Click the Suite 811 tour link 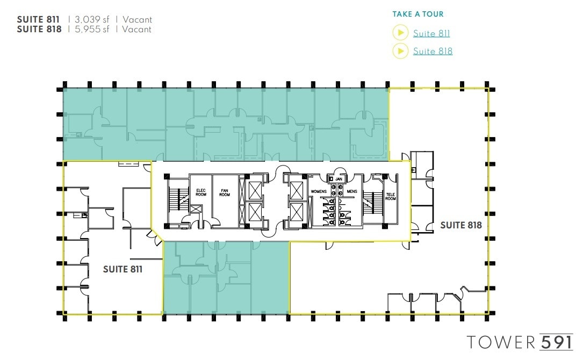[x=431, y=33]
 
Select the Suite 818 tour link [x=433, y=51]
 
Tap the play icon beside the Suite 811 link [x=400, y=33]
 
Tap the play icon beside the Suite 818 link [x=400, y=51]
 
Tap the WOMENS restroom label [x=319, y=191]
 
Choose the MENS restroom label [x=351, y=191]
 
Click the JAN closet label [x=339, y=179]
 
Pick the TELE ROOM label [x=391, y=197]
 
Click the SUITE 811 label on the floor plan [x=123, y=269]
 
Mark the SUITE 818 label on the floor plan [x=460, y=225]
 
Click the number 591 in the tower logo [x=556, y=342]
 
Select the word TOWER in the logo [x=501, y=342]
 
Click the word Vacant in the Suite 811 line [x=137, y=19]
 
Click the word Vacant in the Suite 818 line [x=137, y=30]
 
